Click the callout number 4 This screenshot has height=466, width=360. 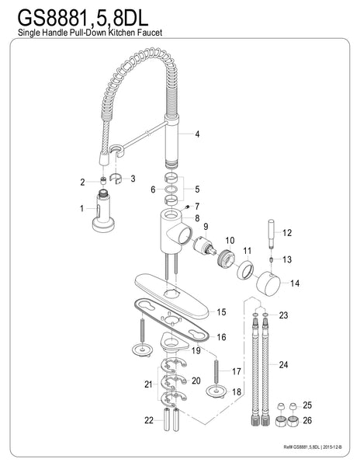tap(198, 134)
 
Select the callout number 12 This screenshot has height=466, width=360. tap(286, 233)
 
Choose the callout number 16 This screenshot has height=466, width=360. tap(222, 338)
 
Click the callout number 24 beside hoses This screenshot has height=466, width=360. tap(283, 364)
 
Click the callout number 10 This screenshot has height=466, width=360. tap(230, 240)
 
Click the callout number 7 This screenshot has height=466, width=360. tap(197, 206)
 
